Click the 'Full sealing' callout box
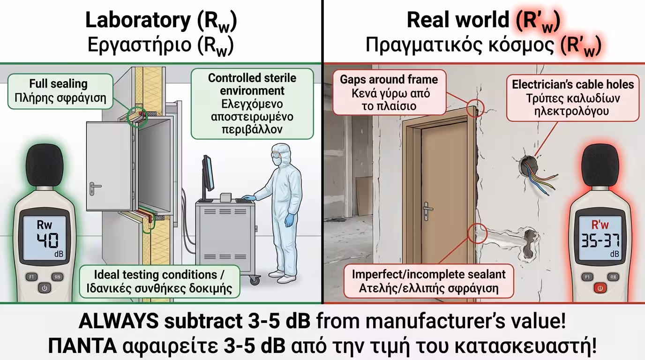tap(59, 91)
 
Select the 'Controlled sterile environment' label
tap(252, 104)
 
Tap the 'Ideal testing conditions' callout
tap(159, 281)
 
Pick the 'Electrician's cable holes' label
tap(572, 98)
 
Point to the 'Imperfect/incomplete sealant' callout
tap(428, 281)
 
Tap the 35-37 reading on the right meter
tap(600, 241)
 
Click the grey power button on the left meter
tap(45, 288)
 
